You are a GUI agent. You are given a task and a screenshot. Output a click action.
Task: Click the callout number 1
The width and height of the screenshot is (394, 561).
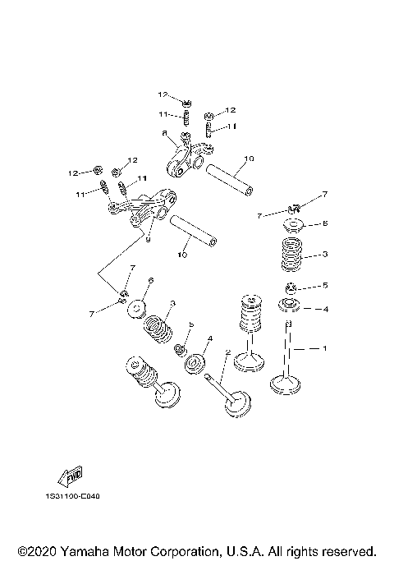[x=324, y=349]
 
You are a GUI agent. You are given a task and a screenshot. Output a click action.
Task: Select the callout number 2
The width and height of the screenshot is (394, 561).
[x=227, y=353]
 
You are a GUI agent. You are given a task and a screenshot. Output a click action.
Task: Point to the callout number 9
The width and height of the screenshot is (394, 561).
[x=148, y=239]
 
